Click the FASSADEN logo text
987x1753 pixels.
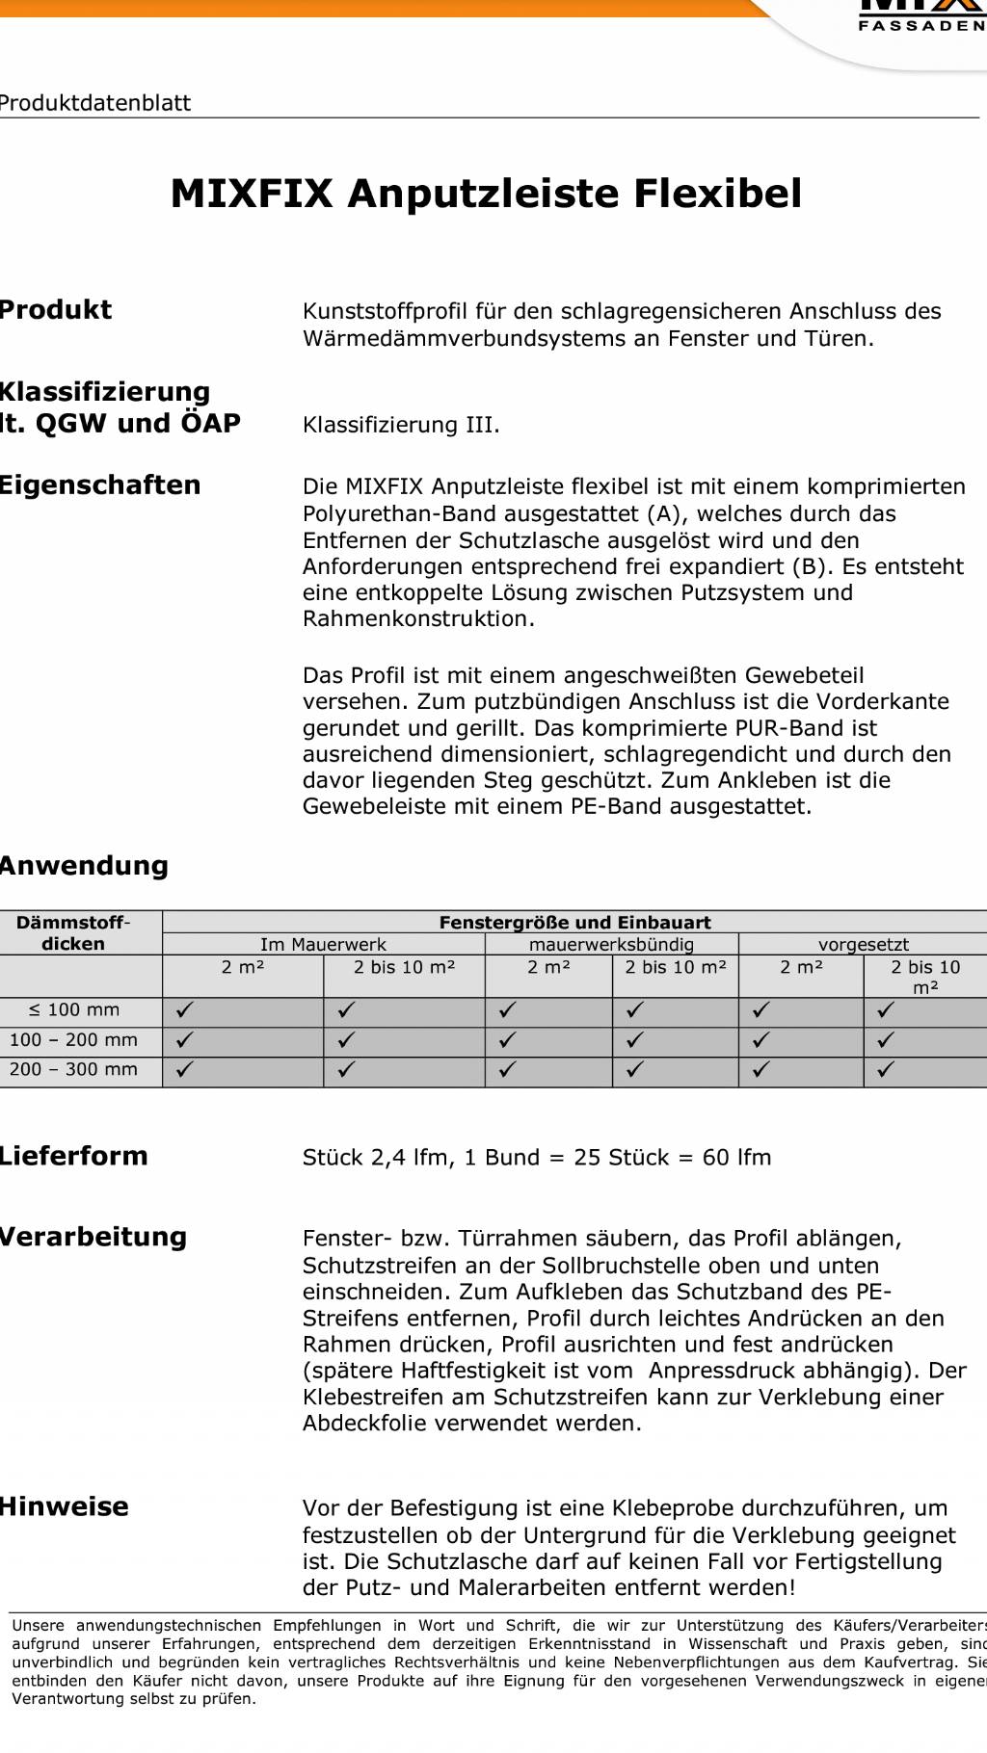point(921,26)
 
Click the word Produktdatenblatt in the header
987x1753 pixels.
point(94,103)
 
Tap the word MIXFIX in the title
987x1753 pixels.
point(252,194)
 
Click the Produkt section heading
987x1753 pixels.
point(56,310)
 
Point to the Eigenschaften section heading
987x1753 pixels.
point(99,485)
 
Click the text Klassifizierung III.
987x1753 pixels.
point(401,425)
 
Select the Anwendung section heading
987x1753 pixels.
point(84,866)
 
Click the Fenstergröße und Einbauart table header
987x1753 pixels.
point(574,922)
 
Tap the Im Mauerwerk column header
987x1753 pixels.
point(323,945)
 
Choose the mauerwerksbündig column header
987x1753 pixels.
point(611,945)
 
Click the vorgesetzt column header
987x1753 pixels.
point(863,945)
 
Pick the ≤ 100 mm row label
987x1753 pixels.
point(74,1010)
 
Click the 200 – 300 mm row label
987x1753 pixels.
point(74,1069)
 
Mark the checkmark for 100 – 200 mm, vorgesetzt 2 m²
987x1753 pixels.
point(761,1040)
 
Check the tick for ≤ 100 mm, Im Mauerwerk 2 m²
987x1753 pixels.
point(184,1010)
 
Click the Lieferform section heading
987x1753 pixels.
point(73,1156)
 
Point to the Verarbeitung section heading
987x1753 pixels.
point(93,1237)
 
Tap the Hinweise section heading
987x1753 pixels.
point(64,1506)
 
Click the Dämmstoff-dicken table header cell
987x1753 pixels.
point(74,932)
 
